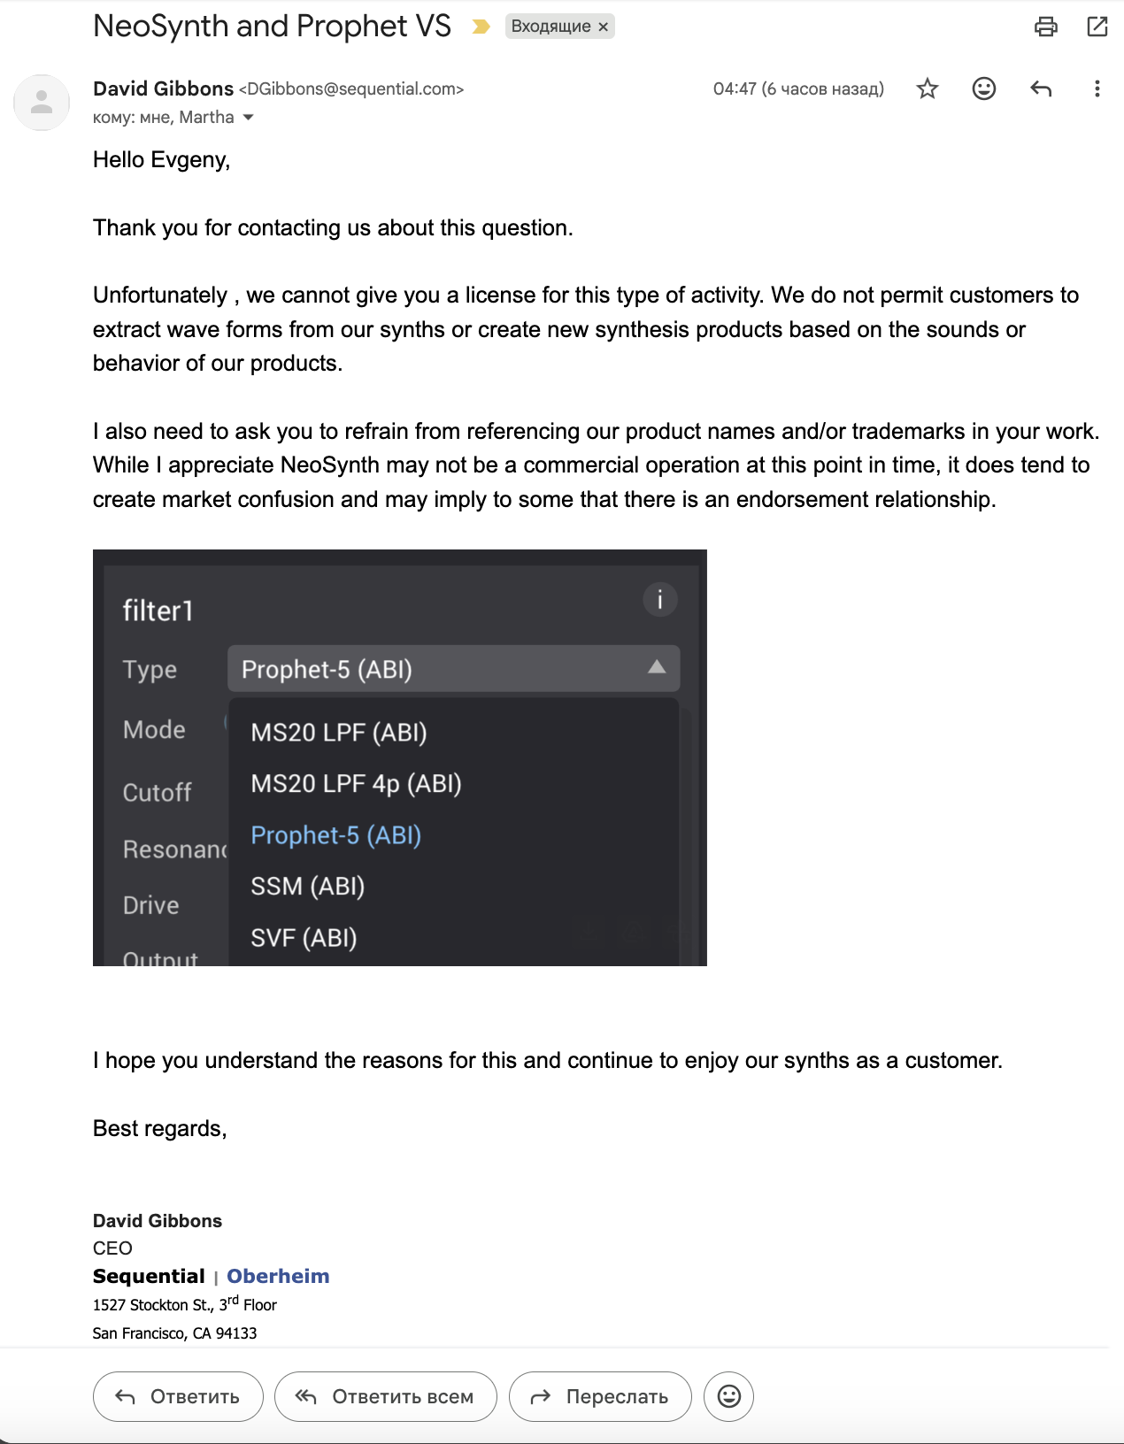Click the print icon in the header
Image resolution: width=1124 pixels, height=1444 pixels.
(1045, 27)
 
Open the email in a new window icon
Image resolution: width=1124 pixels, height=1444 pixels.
(1097, 27)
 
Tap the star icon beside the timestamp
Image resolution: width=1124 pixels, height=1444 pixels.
(927, 88)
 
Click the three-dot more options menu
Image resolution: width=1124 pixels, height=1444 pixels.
(1097, 88)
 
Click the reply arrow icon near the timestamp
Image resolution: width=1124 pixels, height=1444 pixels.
(1041, 88)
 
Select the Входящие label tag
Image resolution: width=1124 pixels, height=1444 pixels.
(550, 27)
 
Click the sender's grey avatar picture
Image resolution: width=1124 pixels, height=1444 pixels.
(42, 103)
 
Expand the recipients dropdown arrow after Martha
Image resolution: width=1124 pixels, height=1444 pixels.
(249, 118)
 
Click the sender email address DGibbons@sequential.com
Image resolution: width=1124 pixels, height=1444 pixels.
(351, 89)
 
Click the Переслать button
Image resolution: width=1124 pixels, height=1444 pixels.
(600, 1396)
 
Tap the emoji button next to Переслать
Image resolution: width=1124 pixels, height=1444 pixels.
(728, 1396)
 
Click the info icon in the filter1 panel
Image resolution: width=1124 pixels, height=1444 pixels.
(659, 599)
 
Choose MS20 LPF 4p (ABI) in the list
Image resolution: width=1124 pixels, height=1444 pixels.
(356, 784)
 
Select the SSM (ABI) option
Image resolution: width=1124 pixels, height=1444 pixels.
(307, 887)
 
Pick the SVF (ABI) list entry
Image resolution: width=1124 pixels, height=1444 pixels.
(304, 938)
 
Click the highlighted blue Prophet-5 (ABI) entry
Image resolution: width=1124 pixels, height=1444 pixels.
(335, 835)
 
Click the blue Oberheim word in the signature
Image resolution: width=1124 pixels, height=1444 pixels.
(278, 1276)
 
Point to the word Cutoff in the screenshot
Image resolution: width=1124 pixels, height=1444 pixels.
(157, 792)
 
